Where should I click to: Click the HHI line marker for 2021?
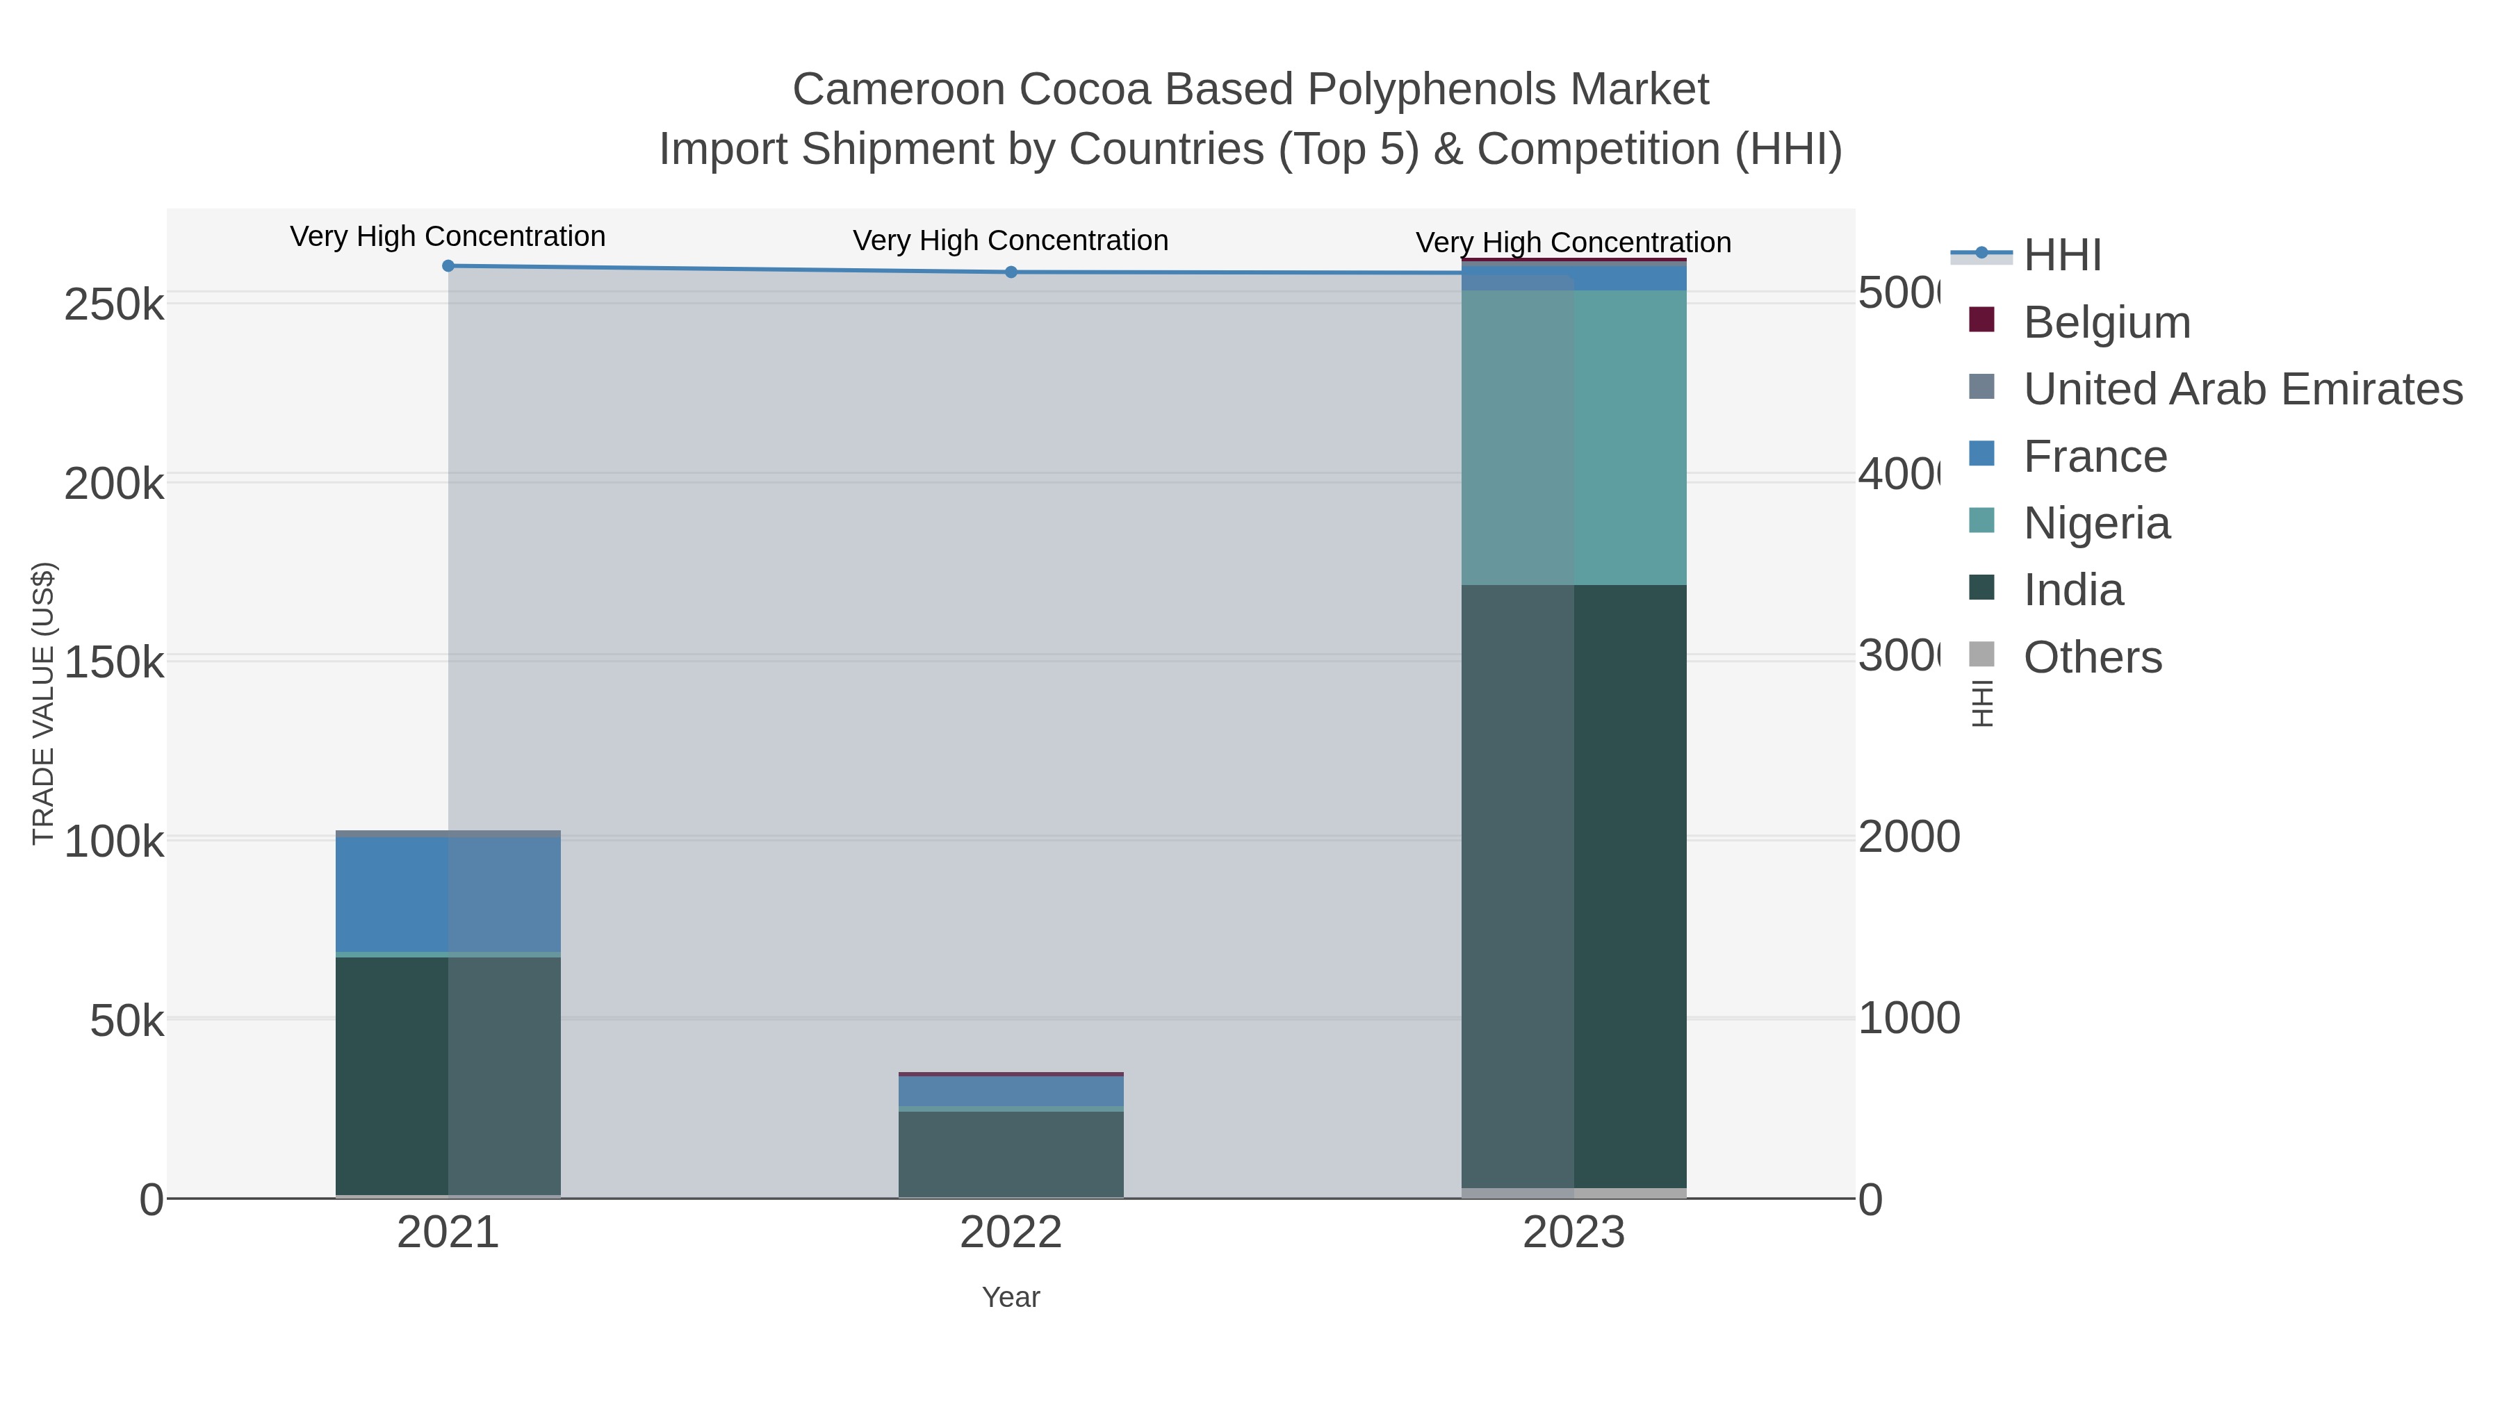448,266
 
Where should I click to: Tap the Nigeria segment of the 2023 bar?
1573,437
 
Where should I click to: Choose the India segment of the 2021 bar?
448,1076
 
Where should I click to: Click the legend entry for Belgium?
2106,322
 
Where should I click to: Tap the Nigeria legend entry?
2096,523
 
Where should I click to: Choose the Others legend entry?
2092,657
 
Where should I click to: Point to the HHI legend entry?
2061,256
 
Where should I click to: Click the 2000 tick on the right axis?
1908,837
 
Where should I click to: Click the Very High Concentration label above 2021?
448,236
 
